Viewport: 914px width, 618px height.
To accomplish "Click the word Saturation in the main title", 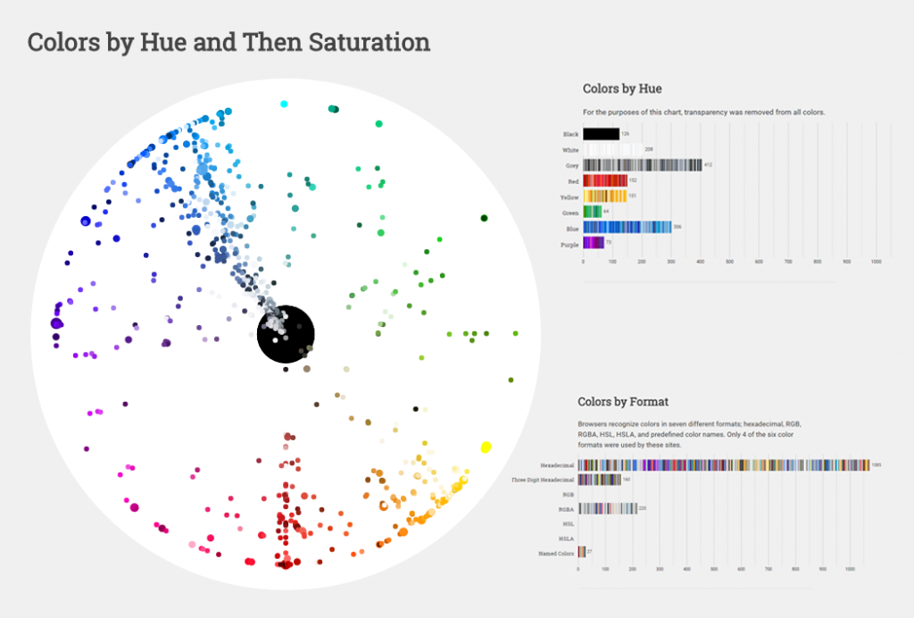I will coord(370,42).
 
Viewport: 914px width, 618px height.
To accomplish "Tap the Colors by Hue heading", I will coord(622,88).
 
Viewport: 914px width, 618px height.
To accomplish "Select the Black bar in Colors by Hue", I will coord(601,134).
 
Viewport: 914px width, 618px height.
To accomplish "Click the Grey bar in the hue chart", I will coord(642,165).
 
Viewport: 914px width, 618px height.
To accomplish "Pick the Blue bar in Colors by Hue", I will coord(627,228).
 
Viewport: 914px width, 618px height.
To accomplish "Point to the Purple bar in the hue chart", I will coord(593,244).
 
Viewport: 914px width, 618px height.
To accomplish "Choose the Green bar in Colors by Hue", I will coord(591,212).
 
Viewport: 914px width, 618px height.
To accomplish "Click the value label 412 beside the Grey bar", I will coord(708,165).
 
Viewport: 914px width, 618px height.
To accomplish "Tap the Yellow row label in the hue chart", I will coord(570,196).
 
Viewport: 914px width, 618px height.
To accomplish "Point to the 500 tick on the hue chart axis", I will coord(729,261).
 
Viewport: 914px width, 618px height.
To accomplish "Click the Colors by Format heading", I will coord(623,402).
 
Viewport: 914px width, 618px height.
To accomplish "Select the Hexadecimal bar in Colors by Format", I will coord(723,465).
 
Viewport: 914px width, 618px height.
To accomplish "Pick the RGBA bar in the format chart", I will coord(607,509).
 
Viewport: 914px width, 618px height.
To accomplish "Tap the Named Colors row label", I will coord(555,553).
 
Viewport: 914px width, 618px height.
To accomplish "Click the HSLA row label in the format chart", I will coord(566,539).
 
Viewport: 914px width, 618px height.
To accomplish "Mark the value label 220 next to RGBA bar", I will coord(644,509).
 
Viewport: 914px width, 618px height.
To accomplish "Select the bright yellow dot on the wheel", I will coord(486,447).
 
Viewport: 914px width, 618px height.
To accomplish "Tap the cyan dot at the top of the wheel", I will coord(284,104).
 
